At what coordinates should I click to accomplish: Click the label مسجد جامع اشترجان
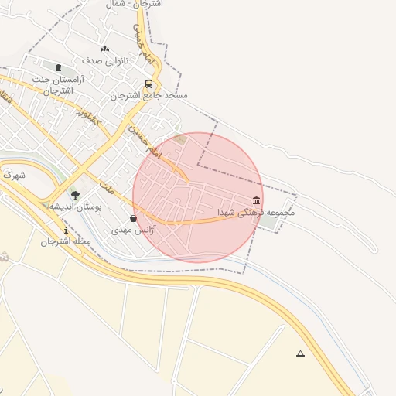148,96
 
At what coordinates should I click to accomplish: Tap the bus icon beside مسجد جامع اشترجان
148,84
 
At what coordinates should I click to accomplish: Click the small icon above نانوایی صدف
104,49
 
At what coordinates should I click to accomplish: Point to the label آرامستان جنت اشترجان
57,84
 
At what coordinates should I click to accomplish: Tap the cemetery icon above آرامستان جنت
59,67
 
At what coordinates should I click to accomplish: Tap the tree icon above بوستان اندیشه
75,195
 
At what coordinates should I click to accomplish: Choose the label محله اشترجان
67,241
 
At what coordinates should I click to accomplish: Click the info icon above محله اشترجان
67,230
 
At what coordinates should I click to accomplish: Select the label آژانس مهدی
134,230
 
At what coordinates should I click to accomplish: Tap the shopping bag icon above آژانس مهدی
134,219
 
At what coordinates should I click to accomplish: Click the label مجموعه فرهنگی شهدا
255,212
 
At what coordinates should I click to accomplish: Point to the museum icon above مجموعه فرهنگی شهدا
256,200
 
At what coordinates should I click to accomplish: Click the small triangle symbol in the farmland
300,354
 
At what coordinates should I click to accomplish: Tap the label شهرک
14,176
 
